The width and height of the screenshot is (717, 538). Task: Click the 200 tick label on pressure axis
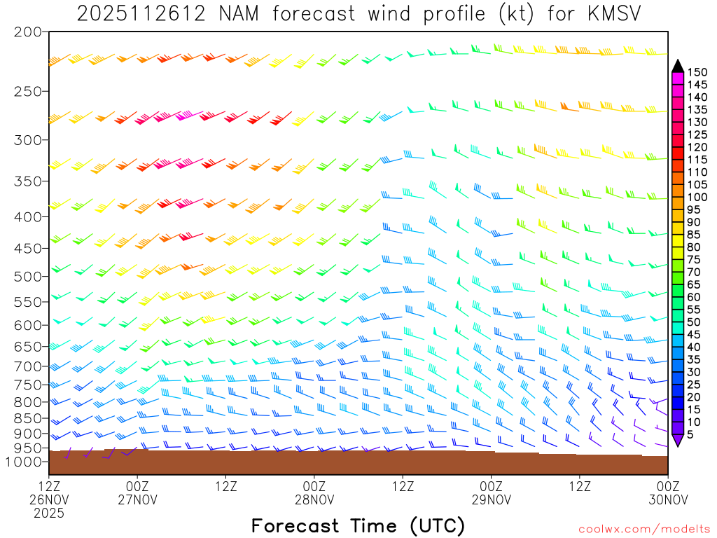pos(27,32)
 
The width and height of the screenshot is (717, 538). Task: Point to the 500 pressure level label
pos(27,276)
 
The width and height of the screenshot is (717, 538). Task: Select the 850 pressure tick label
pos(27,418)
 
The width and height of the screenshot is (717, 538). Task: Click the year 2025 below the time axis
pos(49,513)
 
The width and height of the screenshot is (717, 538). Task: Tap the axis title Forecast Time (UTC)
pos(358,525)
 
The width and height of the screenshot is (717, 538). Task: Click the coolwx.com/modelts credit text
pos(644,529)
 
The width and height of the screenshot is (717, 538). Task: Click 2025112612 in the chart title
pos(141,13)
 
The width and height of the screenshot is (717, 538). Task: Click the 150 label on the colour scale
pos(697,72)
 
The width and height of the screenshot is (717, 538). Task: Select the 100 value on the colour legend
pos(697,197)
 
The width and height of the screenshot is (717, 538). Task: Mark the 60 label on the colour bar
pos(694,297)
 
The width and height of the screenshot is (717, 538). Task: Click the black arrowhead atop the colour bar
pos(677,66)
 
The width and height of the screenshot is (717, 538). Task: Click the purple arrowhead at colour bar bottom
pos(677,440)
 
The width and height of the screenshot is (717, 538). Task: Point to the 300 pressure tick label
pos(27,140)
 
